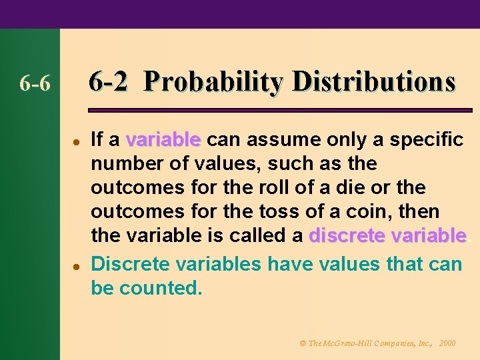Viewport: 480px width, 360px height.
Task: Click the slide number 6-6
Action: point(35,84)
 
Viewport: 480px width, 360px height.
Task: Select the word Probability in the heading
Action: point(213,83)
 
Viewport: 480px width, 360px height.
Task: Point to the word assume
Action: point(279,139)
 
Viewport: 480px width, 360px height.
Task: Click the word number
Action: point(125,163)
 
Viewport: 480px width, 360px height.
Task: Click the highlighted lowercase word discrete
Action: point(348,236)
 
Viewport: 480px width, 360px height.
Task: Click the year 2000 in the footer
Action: point(447,343)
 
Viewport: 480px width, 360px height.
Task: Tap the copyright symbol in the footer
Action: point(303,343)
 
